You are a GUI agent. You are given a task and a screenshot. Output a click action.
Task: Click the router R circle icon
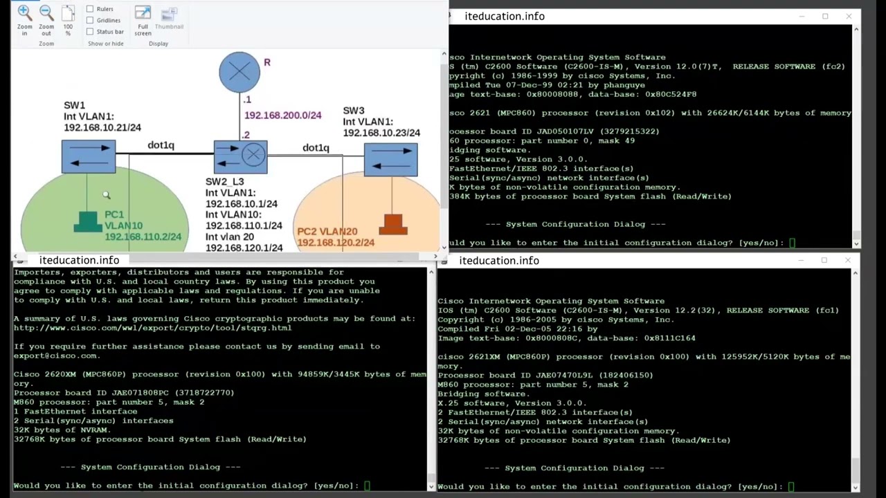click(x=239, y=72)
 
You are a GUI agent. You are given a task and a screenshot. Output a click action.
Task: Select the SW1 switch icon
click(x=89, y=156)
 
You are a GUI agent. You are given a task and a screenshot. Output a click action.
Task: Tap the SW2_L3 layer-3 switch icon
click(x=240, y=156)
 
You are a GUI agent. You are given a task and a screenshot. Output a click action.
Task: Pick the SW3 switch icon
click(x=390, y=159)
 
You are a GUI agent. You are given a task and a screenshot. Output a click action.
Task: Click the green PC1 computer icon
click(x=87, y=221)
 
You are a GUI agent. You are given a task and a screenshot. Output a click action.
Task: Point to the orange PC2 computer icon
click(x=392, y=224)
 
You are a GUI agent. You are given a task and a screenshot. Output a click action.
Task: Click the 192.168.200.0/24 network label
click(x=282, y=116)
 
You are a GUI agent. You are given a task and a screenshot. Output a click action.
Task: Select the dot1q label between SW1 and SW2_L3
click(x=161, y=145)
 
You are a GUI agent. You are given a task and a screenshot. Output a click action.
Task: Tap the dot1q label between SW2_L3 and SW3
click(x=316, y=147)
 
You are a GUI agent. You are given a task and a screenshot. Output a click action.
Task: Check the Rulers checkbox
click(x=90, y=9)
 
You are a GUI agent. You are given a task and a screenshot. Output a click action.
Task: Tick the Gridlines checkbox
click(x=90, y=20)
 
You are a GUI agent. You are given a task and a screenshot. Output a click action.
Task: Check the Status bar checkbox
click(x=90, y=31)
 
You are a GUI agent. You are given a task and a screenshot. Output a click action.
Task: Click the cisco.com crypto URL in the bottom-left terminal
click(x=152, y=328)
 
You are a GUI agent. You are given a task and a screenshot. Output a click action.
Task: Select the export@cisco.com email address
click(x=55, y=356)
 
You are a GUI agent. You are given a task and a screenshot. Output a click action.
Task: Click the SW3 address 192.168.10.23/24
click(x=381, y=133)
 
